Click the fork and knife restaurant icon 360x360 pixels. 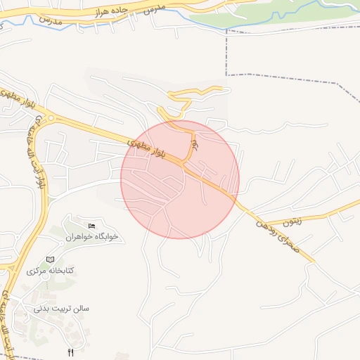pos(70,351)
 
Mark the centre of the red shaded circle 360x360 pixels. pos(180,179)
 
